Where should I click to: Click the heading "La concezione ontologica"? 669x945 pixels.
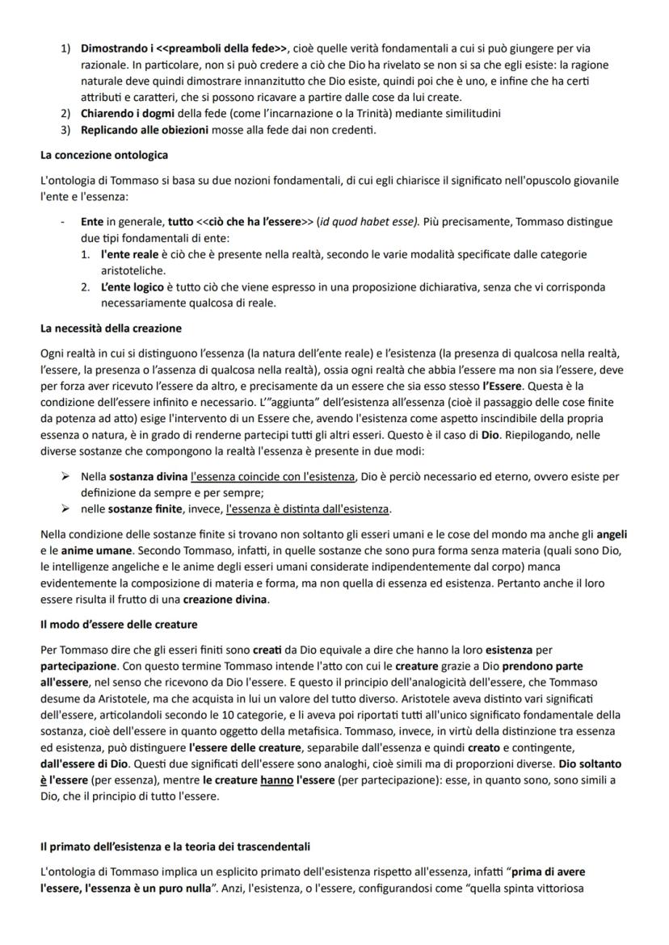(x=103, y=154)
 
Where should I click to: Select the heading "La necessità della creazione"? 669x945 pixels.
(x=111, y=328)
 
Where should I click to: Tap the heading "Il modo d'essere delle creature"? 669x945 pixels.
(x=119, y=625)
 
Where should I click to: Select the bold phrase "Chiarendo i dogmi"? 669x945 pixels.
(x=125, y=114)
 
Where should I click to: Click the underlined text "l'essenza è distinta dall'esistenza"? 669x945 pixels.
(x=308, y=509)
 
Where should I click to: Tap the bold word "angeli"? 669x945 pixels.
(x=612, y=535)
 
